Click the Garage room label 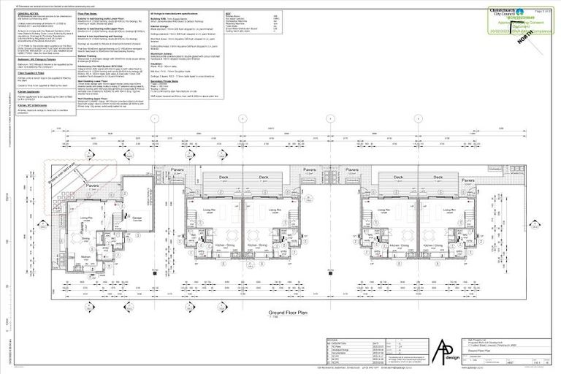pyautogui.click(x=137, y=217)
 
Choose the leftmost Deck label pyautogui.click(x=219, y=178)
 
